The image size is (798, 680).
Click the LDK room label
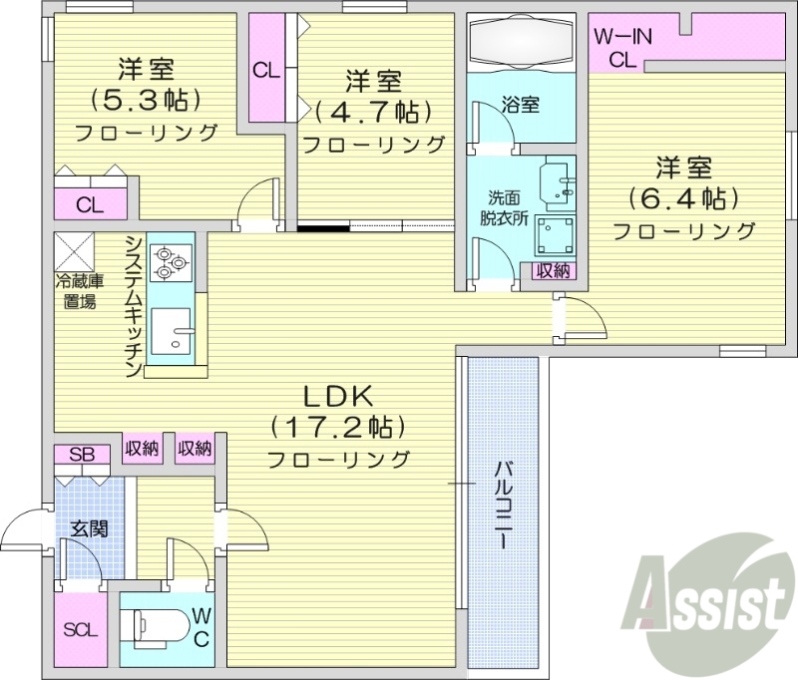[x=336, y=396]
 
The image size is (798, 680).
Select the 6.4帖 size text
[x=682, y=198]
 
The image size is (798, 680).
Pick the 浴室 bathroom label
[x=520, y=104]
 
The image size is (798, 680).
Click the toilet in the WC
[x=160, y=627]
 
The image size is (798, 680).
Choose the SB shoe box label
[x=82, y=455]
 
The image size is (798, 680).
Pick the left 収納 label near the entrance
[x=142, y=449]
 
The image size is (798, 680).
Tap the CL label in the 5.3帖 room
[x=91, y=206]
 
